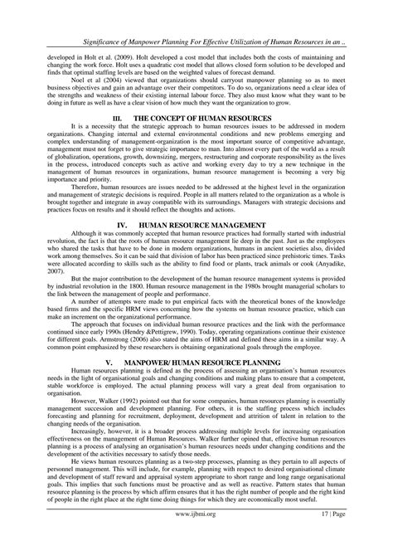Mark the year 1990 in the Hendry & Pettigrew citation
click(200, 332)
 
